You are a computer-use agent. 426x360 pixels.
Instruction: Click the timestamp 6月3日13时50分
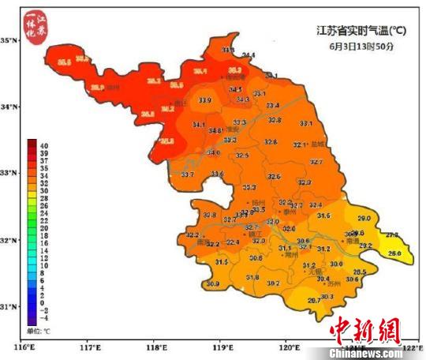click(x=361, y=47)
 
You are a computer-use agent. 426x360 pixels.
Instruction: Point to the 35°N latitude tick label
click(x=10, y=40)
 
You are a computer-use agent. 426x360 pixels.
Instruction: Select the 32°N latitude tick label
click(x=10, y=240)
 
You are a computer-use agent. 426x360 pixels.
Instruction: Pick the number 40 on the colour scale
click(x=44, y=144)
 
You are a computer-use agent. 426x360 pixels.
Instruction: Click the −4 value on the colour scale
click(x=44, y=317)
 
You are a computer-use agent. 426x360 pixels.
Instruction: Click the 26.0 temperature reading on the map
click(x=394, y=253)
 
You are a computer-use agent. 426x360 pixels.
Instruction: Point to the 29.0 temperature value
click(x=364, y=218)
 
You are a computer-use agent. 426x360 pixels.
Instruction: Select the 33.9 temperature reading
click(x=205, y=100)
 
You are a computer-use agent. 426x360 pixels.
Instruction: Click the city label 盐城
click(x=318, y=144)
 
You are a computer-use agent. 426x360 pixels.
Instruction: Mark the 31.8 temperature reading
click(x=252, y=277)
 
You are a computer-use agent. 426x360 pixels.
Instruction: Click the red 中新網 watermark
click(x=364, y=331)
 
